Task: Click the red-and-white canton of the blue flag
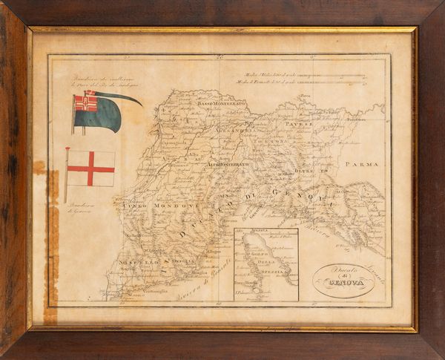pos(86,102)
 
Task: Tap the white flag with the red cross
pos(91,168)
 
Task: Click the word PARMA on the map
pos(362,163)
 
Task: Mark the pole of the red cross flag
pos(67,174)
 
